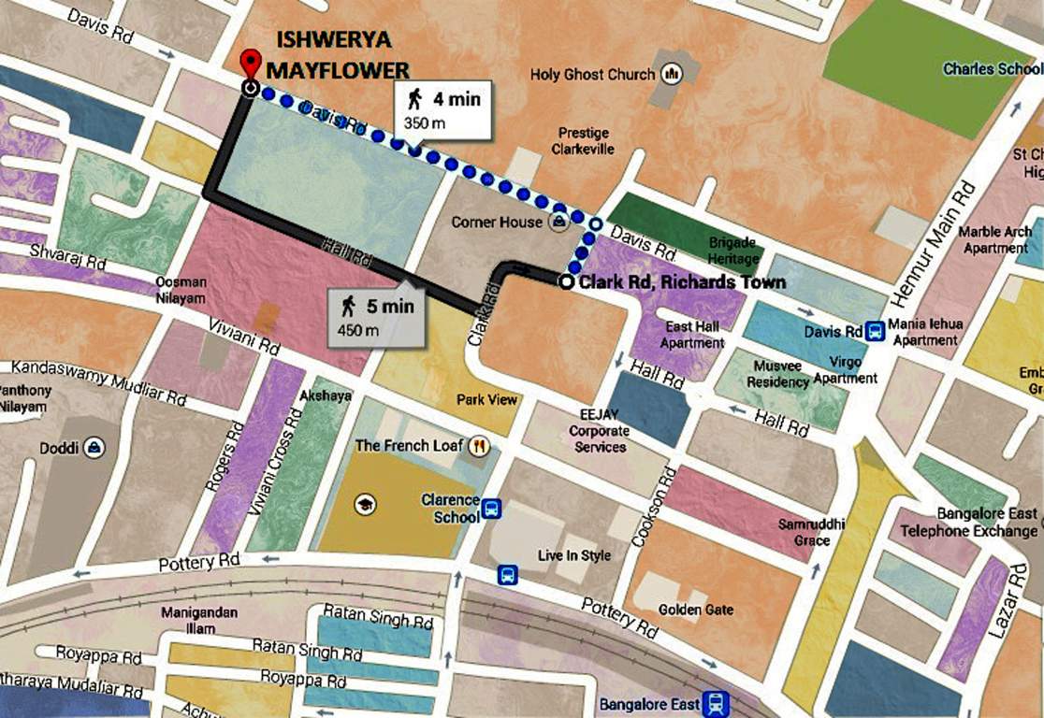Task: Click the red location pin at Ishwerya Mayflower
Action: (250, 65)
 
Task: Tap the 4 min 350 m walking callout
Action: (442, 109)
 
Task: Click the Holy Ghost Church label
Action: (593, 74)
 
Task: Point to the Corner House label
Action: (497, 223)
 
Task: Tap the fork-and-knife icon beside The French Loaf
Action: (479, 446)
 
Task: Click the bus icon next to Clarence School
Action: (492, 510)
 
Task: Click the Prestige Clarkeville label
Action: (583, 141)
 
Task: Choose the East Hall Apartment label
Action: (692, 335)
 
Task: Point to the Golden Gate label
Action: (695, 610)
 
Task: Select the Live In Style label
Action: (573, 555)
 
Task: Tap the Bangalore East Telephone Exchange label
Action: (968, 523)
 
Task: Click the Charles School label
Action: (992, 69)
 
